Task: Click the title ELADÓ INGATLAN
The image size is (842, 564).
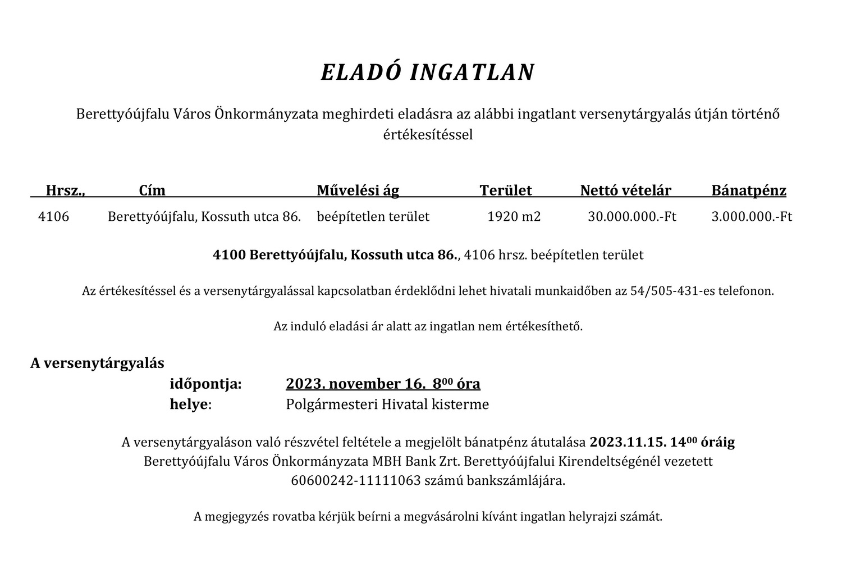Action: point(427,72)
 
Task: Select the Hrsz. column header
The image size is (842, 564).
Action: point(65,190)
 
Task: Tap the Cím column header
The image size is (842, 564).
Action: point(152,190)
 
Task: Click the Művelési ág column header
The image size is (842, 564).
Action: point(358,190)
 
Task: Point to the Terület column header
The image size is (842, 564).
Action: point(505,190)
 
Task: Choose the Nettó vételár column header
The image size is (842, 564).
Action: point(625,190)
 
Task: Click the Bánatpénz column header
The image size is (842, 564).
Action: point(749,190)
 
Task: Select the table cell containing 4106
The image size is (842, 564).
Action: point(53,216)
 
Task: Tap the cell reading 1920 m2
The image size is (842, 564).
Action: point(514,216)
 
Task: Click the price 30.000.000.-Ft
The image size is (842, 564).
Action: point(631,216)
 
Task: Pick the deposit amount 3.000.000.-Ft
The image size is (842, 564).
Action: point(752,216)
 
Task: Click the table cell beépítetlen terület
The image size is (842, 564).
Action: point(373,216)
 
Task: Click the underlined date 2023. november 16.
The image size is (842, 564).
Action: point(353,384)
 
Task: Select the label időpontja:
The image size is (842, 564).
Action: point(205,384)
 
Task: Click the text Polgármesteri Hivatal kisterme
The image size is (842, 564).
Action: point(387,404)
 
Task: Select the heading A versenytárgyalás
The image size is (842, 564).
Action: point(97,363)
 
